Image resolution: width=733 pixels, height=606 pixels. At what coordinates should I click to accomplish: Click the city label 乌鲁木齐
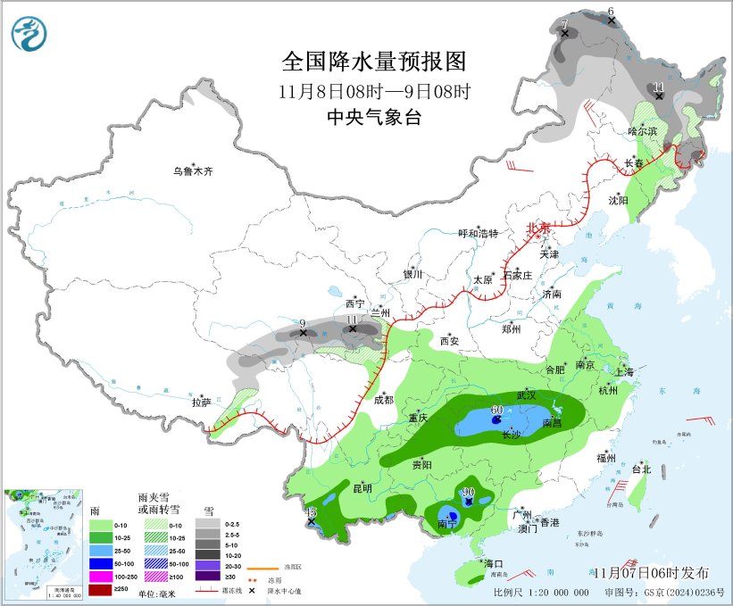pos(194,170)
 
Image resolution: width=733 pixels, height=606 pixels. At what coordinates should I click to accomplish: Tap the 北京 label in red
pos(539,228)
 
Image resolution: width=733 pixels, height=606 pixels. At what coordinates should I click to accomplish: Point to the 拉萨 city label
pos(201,403)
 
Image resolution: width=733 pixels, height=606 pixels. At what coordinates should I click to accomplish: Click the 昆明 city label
pos(363,488)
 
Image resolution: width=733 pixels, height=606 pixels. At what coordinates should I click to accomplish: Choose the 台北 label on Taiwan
pos(642,469)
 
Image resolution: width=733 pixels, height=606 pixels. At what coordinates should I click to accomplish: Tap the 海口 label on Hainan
pos(495,564)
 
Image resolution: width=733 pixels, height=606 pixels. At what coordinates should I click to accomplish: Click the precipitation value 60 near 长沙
pos(497,410)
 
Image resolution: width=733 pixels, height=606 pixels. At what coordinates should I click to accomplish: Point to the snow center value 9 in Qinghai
pos(303,323)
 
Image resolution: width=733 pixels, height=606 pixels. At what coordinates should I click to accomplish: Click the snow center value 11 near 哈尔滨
pos(658,86)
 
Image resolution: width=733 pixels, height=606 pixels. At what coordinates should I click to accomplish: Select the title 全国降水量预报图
pos(374,62)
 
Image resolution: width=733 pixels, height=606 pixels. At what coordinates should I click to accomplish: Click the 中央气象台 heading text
pos(373,117)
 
